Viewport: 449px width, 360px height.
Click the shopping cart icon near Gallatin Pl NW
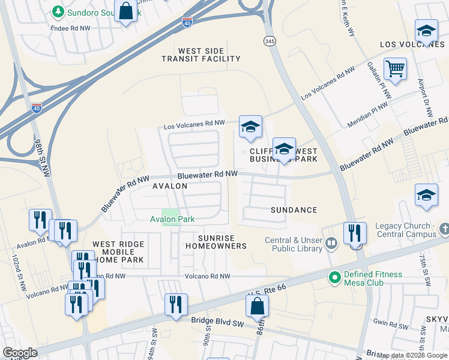tap(395, 69)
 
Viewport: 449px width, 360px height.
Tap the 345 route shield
tap(269, 40)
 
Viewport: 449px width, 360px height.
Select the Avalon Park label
tap(172, 220)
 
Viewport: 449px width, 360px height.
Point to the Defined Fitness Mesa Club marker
tap(334, 277)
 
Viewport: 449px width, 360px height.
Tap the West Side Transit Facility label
tap(200, 54)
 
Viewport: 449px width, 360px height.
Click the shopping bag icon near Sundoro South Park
tap(126, 11)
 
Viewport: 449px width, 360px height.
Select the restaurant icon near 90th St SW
tap(176, 304)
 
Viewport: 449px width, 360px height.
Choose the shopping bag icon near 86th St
tap(257, 305)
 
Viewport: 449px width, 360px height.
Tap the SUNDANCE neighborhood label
tap(294, 210)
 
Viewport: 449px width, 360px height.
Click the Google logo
tap(20, 353)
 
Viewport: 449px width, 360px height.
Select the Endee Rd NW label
tap(72, 28)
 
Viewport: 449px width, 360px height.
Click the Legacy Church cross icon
tap(444, 229)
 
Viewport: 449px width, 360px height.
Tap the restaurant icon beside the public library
tap(355, 233)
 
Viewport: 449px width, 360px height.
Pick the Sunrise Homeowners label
tap(216, 242)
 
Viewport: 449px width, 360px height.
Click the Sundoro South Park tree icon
tap(58, 11)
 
